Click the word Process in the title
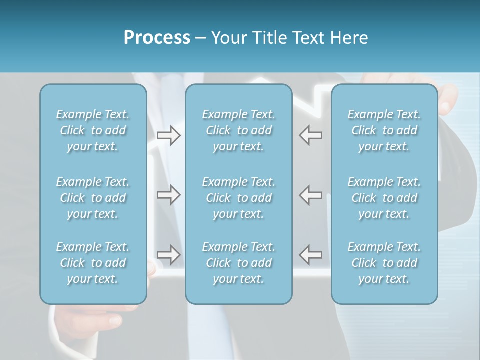[x=157, y=38]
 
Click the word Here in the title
[x=349, y=38]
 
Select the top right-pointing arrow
[x=168, y=135]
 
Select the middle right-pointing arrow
[x=168, y=195]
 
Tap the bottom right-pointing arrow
[x=168, y=254]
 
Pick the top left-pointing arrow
[x=311, y=135]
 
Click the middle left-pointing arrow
[x=311, y=195]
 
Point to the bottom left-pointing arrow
[x=311, y=254]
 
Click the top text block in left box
[x=93, y=130]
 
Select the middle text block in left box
[x=93, y=198]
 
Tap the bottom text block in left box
[x=93, y=263]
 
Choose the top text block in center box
[x=238, y=130]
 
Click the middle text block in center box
[x=238, y=198]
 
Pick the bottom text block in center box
[x=238, y=263]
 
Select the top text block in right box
[x=384, y=130]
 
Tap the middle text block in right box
[x=384, y=198]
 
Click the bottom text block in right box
[x=384, y=263]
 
